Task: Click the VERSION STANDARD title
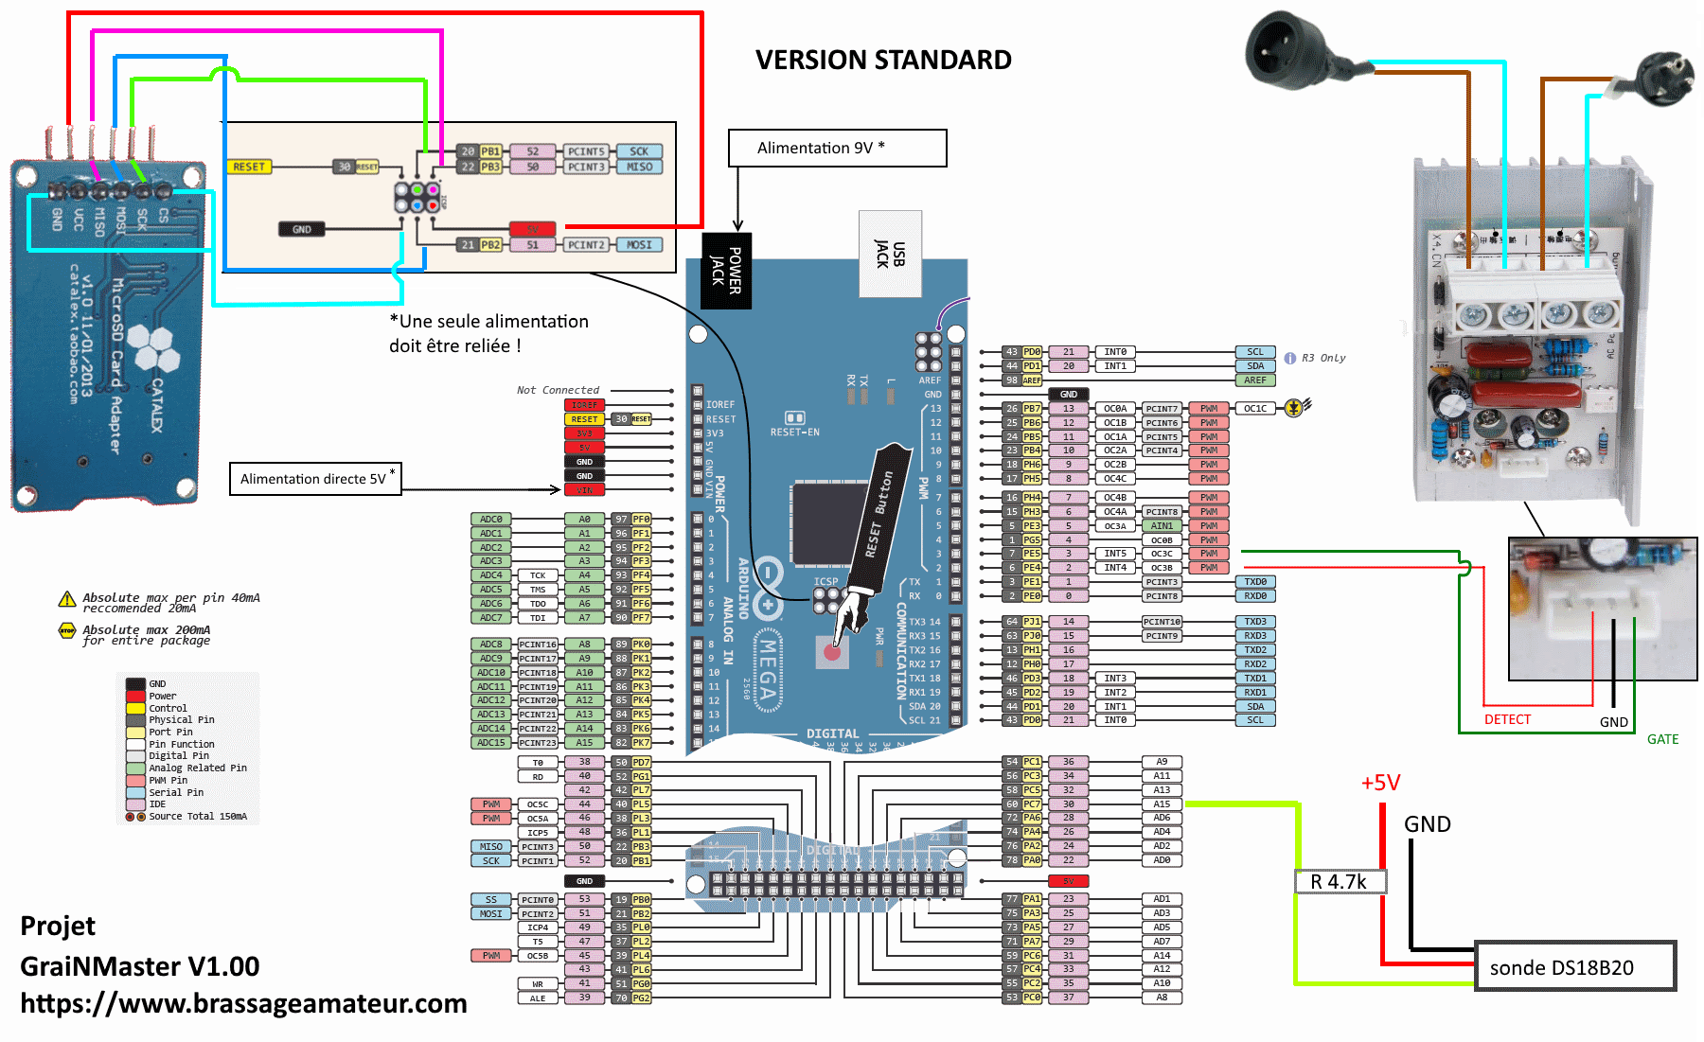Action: pyautogui.click(x=882, y=60)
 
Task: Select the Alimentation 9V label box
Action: pyautogui.click(x=837, y=148)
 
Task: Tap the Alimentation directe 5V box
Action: pyautogui.click(x=315, y=479)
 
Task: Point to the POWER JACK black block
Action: pyautogui.click(x=726, y=271)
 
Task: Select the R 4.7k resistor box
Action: pyautogui.click(x=1340, y=881)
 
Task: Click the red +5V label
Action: pyautogui.click(x=1380, y=783)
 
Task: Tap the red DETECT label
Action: pyautogui.click(x=1507, y=719)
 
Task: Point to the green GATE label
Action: pyautogui.click(x=1662, y=739)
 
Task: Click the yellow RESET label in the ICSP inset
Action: pyautogui.click(x=249, y=167)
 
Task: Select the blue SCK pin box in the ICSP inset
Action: pyautogui.click(x=639, y=151)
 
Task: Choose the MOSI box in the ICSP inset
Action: pyautogui.click(x=639, y=245)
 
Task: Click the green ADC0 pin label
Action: pyautogui.click(x=491, y=519)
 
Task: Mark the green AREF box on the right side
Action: pyautogui.click(x=1255, y=380)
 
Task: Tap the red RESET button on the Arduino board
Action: pyautogui.click(x=832, y=652)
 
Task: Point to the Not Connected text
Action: pyautogui.click(x=558, y=390)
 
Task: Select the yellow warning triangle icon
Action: pyautogui.click(x=67, y=599)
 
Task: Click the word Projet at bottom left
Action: pyautogui.click(x=58, y=926)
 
